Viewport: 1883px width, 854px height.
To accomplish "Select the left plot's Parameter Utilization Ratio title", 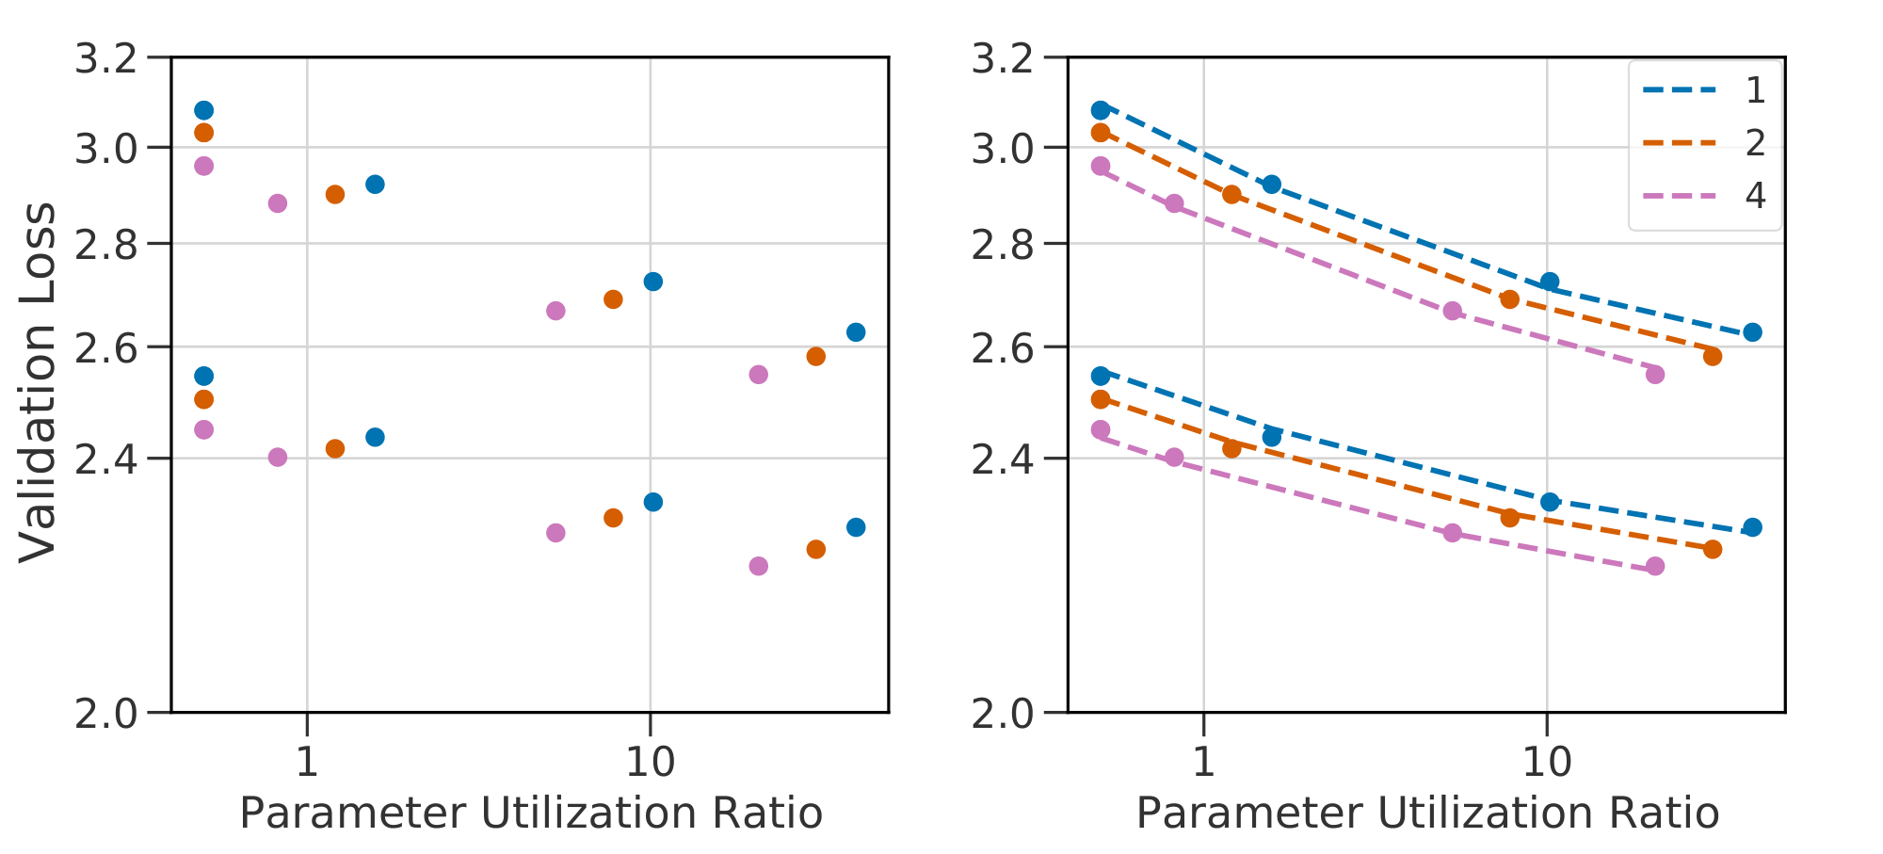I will (x=531, y=814).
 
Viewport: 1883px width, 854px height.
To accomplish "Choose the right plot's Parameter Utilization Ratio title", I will (x=1427, y=814).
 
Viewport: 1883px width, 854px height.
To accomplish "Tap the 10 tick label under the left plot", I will (x=650, y=761).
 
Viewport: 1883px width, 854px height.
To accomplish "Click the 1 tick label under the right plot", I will (x=1203, y=761).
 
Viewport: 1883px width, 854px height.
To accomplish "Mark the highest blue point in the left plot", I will (x=203, y=110).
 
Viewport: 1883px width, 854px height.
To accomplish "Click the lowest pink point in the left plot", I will (x=759, y=566).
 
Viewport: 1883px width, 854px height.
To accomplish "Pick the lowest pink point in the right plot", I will (x=1655, y=566).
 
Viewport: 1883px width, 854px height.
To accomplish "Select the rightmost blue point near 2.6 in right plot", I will (x=1752, y=332).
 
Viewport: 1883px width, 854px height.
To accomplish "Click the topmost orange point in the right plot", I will (x=1100, y=133).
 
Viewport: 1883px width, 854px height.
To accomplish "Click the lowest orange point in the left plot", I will (x=816, y=549).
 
